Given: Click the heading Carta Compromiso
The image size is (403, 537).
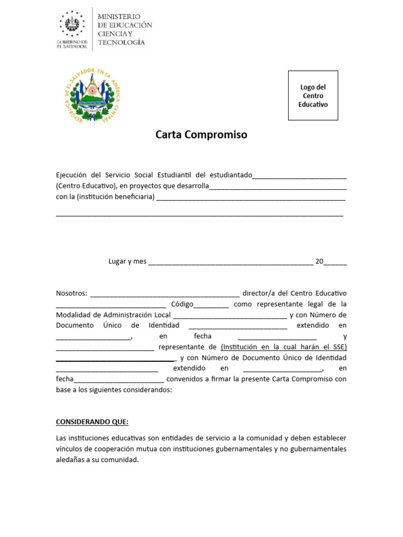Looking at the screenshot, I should (x=201, y=135).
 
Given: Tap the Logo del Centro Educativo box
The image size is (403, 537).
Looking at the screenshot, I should (x=313, y=96).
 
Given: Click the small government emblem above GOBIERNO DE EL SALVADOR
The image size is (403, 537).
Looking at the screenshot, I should (x=71, y=24).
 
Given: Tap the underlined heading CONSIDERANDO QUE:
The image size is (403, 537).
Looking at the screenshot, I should (x=92, y=422).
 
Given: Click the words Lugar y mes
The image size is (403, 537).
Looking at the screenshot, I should (x=128, y=261).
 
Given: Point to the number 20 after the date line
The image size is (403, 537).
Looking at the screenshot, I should (x=319, y=261).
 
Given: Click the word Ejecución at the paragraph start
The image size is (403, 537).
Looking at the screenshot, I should (x=72, y=175).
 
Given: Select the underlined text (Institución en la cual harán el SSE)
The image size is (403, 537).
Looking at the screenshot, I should (x=284, y=347).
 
